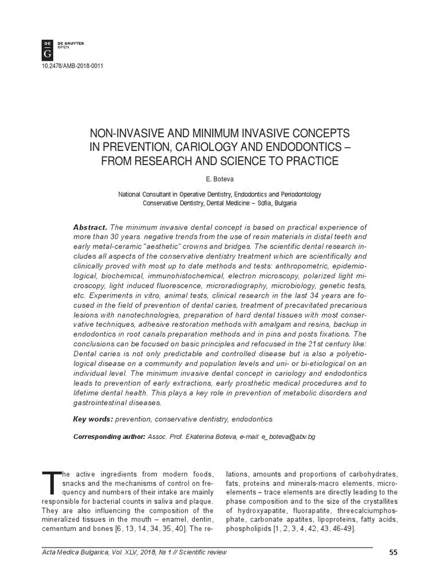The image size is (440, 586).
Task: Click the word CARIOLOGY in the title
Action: click(206, 146)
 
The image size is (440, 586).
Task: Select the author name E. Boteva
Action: click(220, 179)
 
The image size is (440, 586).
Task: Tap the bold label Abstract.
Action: click(90, 227)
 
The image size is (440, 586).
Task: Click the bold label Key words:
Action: click(93, 419)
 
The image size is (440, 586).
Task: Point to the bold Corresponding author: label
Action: click(109, 437)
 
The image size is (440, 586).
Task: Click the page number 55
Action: click(393, 552)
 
